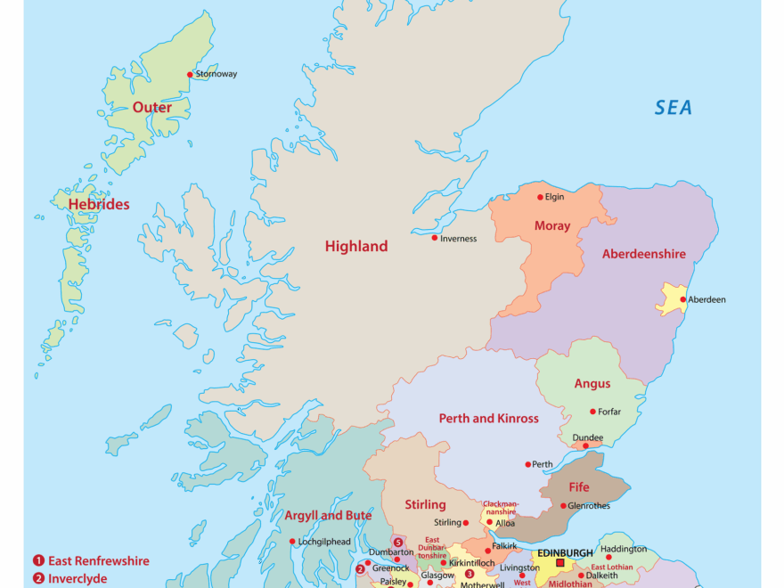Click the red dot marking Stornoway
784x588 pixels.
(x=189, y=75)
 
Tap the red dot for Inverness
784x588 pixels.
(x=435, y=238)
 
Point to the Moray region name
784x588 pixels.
(x=551, y=226)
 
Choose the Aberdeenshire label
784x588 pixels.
(x=643, y=254)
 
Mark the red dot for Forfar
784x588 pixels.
(x=592, y=412)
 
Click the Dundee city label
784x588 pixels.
(x=587, y=437)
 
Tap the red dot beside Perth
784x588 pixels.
(x=527, y=464)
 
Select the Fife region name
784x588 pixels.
(x=579, y=487)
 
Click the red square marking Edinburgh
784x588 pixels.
(x=559, y=563)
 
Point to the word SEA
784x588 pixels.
(x=674, y=108)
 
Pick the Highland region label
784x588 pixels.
(x=356, y=247)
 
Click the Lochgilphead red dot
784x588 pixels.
(x=291, y=542)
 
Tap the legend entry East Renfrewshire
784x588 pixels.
(x=98, y=561)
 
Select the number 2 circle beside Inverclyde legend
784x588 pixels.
(x=38, y=579)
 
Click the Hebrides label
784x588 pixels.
(x=99, y=204)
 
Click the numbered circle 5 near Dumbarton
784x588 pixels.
(x=398, y=542)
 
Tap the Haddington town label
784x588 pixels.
(x=624, y=549)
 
